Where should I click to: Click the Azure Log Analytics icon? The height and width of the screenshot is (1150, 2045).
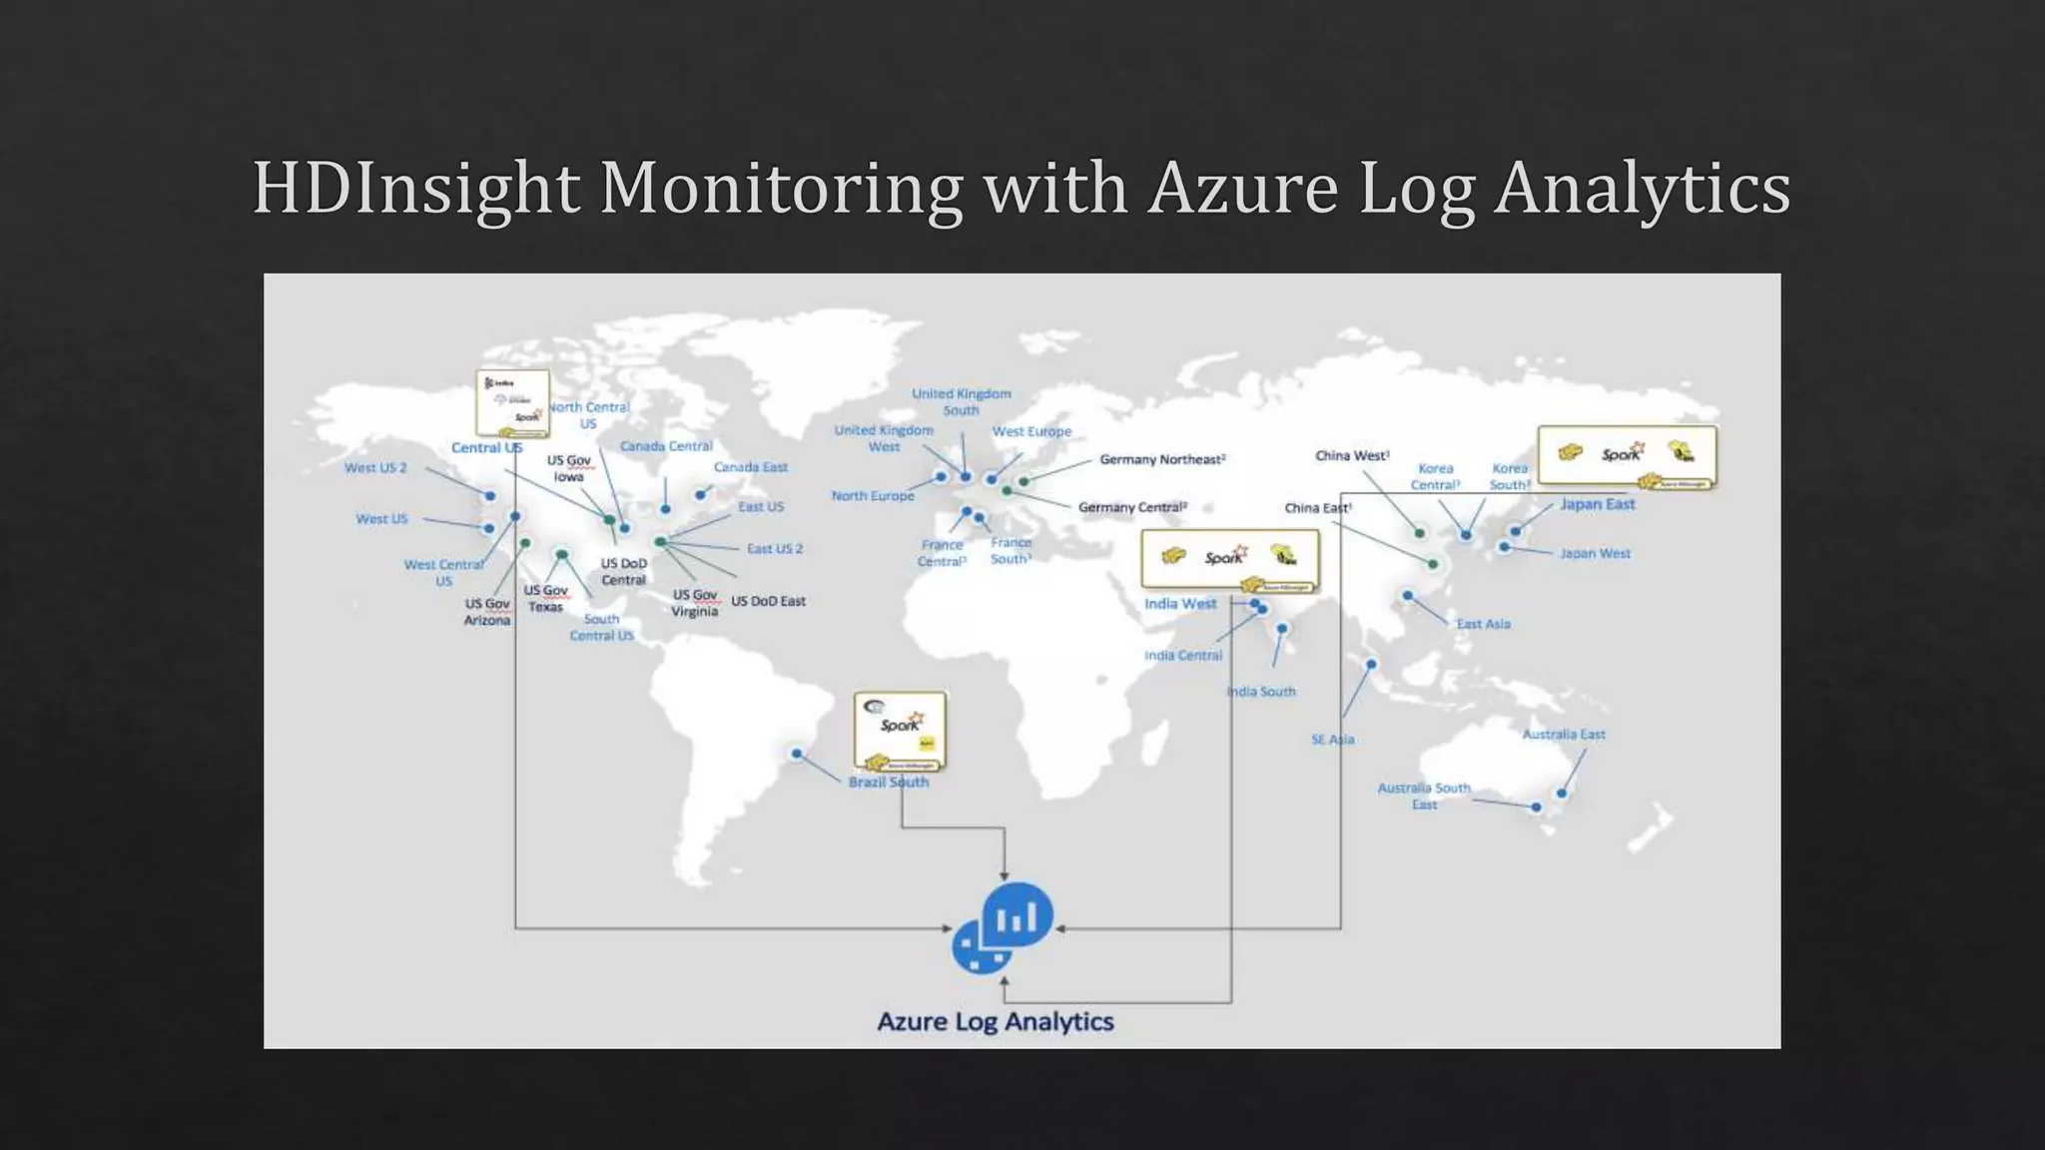click(x=1004, y=927)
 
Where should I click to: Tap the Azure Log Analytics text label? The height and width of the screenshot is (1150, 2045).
click(x=995, y=1021)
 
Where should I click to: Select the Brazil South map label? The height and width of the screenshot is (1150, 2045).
click(x=888, y=782)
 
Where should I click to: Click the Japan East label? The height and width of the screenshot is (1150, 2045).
click(x=1597, y=504)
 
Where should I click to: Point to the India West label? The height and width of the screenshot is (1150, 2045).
click(x=1179, y=604)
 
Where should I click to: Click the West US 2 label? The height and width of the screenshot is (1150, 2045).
click(x=375, y=467)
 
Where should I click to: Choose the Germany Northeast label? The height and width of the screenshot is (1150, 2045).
click(x=1161, y=459)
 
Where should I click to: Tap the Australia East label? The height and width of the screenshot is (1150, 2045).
click(x=1563, y=735)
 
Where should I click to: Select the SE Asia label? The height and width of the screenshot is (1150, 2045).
click(x=1332, y=740)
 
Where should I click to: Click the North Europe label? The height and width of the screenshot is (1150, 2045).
click(x=872, y=496)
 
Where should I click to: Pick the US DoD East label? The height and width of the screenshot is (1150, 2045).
click(x=768, y=601)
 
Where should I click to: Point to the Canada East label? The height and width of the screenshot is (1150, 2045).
click(x=750, y=467)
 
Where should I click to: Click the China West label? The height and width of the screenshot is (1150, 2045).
click(x=1351, y=455)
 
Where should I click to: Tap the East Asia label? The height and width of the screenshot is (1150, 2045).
click(x=1483, y=624)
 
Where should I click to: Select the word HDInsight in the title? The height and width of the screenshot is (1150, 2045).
click(x=416, y=188)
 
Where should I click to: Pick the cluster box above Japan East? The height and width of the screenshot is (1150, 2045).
click(x=1627, y=456)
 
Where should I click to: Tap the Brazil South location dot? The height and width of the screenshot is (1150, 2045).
click(x=797, y=754)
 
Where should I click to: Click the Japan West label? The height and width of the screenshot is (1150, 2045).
click(x=1595, y=553)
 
